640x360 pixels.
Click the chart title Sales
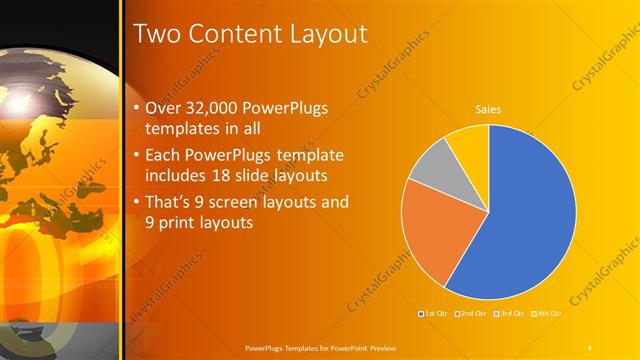tap(488, 110)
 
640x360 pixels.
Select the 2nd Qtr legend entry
tap(470, 314)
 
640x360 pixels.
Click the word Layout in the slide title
tap(327, 34)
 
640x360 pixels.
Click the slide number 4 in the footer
tap(589, 347)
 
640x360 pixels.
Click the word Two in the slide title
tap(156, 34)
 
